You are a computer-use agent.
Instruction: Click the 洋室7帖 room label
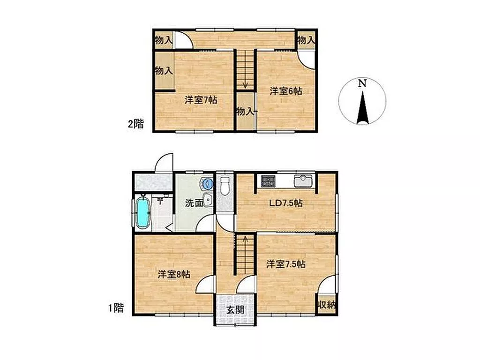pyautogui.click(x=201, y=100)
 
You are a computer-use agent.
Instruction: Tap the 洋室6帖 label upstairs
pyautogui.click(x=285, y=91)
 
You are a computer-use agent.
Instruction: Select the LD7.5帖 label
pyautogui.click(x=286, y=203)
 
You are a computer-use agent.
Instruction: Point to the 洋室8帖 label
pyautogui.click(x=174, y=274)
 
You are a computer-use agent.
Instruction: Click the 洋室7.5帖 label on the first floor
pyautogui.click(x=285, y=264)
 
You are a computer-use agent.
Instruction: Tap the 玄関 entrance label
pyautogui.click(x=235, y=310)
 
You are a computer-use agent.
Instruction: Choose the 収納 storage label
pyautogui.click(x=327, y=305)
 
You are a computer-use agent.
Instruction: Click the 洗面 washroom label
pyautogui.click(x=194, y=202)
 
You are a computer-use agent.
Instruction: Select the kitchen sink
pyautogui.click(x=303, y=180)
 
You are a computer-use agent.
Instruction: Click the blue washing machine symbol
pyautogui.click(x=207, y=184)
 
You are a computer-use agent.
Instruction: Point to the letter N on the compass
pyautogui.click(x=362, y=83)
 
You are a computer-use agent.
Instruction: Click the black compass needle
pyautogui.click(x=362, y=107)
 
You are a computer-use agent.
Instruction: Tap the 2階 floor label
pyautogui.click(x=135, y=124)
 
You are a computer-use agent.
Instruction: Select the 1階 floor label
pyautogui.click(x=116, y=307)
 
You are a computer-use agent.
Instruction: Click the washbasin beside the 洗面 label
pyautogui.click(x=208, y=200)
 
